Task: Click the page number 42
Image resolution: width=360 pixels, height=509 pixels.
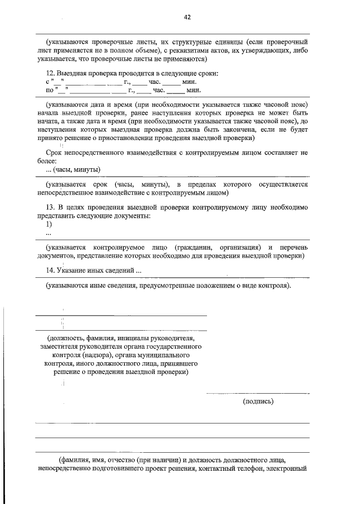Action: [187, 17]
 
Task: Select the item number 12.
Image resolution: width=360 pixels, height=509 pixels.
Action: [50, 74]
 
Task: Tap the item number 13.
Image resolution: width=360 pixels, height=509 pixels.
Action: [50, 208]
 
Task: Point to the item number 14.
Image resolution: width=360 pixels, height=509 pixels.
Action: [50, 271]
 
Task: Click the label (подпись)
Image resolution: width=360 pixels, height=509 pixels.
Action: [258, 402]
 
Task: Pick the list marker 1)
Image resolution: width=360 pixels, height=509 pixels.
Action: [49, 224]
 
